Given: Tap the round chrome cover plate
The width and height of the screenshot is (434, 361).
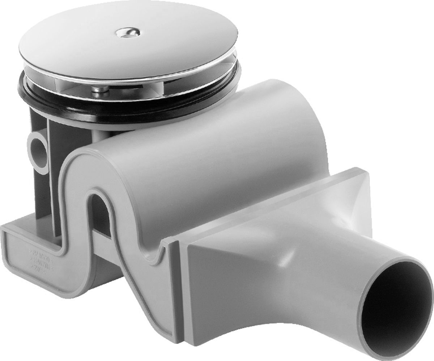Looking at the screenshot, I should [90, 47].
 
